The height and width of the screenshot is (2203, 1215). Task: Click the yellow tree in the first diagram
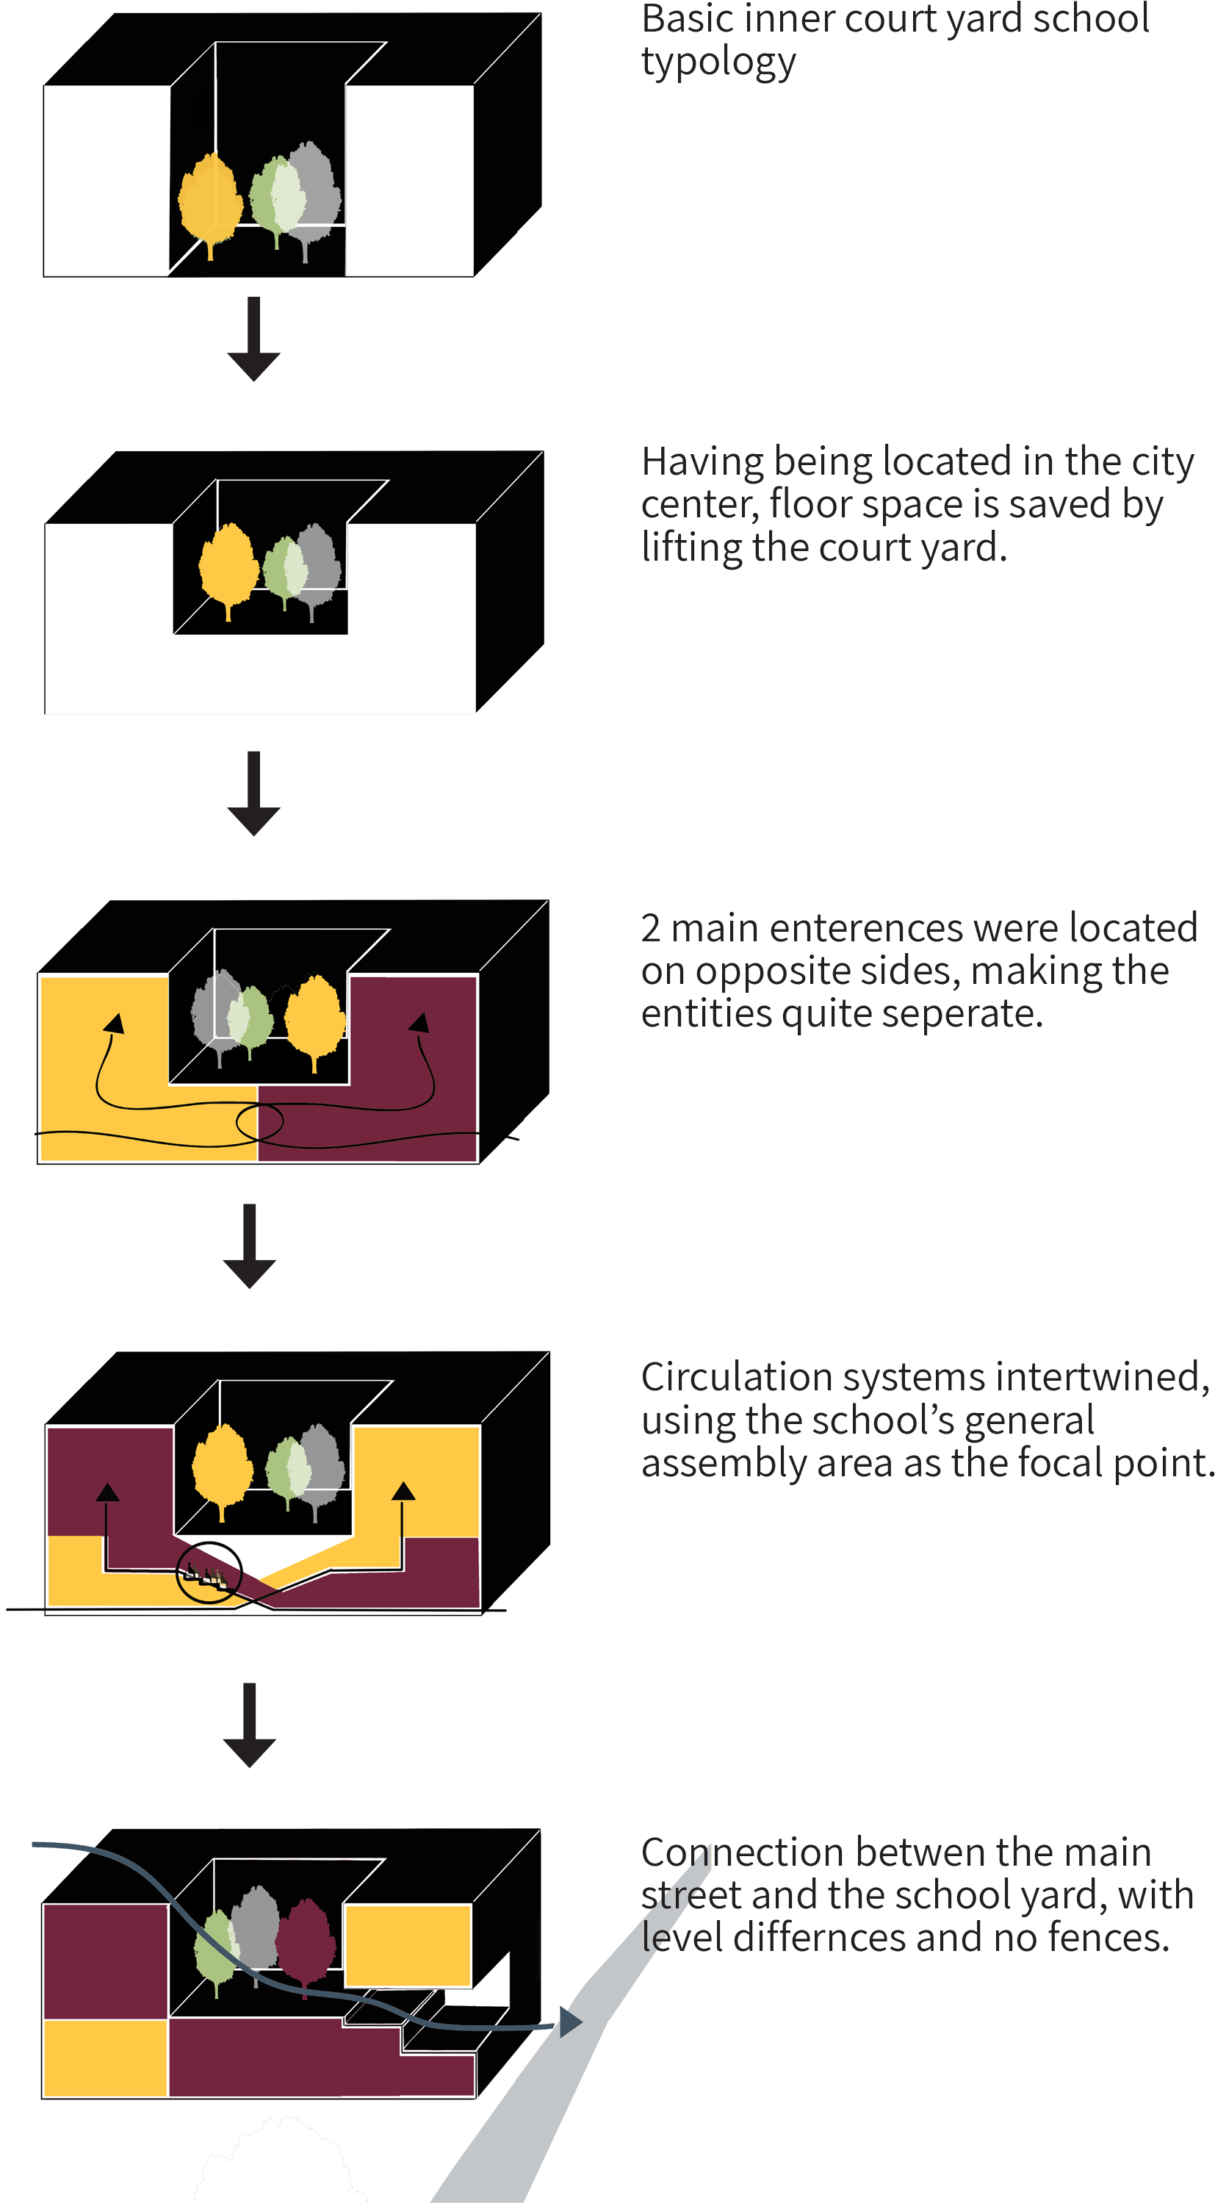pos(210,200)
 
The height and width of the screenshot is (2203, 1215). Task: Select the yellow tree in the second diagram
pos(228,565)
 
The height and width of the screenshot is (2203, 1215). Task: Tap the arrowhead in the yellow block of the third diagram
pos(113,1024)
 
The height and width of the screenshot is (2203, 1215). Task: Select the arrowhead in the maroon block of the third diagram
pos(419,1023)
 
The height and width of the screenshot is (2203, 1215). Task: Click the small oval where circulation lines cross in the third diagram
pos(259,1124)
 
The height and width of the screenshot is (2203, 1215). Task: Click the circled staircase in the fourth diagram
pos(209,1572)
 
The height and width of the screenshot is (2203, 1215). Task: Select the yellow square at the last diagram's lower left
pos(104,2058)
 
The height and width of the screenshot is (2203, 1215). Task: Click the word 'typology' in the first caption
pos(718,62)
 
